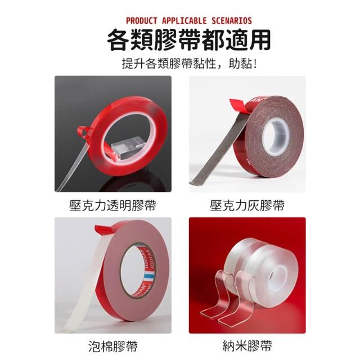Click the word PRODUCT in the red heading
click(x=141, y=21)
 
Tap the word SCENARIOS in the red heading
click(x=231, y=21)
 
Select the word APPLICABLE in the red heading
click(x=184, y=21)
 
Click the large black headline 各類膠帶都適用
click(x=189, y=40)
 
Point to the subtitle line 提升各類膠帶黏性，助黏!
click(x=189, y=64)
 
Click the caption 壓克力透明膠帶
click(x=112, y=205)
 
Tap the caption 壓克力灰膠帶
click(x=247, y=205)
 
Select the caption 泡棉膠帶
click(x=113, y=346)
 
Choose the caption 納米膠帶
click(x=247, y=346)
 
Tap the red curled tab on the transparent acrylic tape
click(x=83, y=132)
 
